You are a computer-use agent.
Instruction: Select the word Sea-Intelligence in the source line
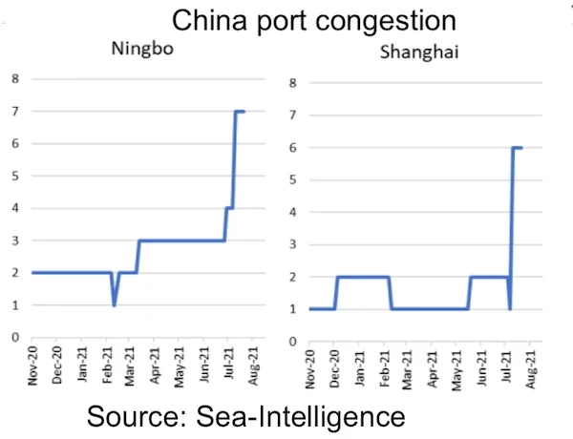[x=315, y=416]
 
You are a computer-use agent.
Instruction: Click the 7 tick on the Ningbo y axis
[x=14, y=112]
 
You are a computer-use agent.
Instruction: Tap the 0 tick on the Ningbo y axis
[x=14, y=337]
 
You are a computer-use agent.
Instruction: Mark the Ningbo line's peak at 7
[x=240, y=112]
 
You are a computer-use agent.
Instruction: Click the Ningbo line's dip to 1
[x=115, y=304]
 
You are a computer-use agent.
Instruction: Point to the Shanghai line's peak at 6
[x=518, y=148]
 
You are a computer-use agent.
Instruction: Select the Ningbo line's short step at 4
[x=229, y=208]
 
